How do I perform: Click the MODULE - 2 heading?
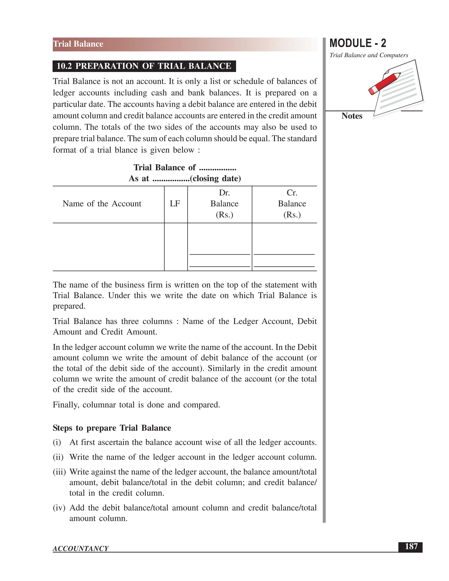pos(358,43)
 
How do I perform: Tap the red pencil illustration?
pos(384,83)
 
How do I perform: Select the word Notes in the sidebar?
pos(352,116)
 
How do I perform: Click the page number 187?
pos(411,547)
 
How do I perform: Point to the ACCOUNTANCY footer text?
pos(81,549)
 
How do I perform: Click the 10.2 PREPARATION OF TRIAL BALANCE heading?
pos(144,66)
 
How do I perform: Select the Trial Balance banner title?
pos(78,44)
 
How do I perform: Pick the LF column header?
pos(175,204)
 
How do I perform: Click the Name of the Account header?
pos(102,204)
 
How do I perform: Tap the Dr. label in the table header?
pos(224,192)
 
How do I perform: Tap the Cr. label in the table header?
pos(292,192)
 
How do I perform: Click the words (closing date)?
pos(216,178)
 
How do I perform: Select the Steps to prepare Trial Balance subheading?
pos(112,428)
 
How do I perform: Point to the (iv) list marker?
pos(59,508)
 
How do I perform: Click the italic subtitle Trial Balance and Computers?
pos(369,55)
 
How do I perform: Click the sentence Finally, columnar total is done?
pos(136,405)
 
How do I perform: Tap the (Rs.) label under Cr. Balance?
pos(292,215)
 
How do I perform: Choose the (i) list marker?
pos(57,442)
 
